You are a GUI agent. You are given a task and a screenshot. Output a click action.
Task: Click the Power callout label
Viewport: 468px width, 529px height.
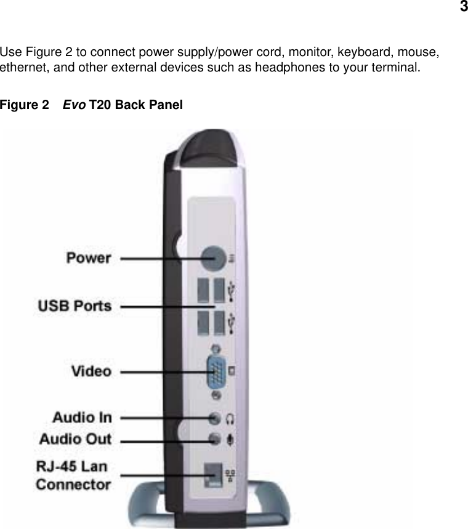(89, 258)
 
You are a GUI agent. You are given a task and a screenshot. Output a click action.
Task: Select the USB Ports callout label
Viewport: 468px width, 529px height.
(75, 305)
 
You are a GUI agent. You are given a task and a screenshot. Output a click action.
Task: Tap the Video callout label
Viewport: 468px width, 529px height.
(92, 371)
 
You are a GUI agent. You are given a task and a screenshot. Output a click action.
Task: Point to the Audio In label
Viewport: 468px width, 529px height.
(82, 417)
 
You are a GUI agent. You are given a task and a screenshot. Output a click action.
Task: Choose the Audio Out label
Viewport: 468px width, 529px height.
(76, 439)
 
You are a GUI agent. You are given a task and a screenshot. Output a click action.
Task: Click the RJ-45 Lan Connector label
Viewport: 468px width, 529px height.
(73, 474)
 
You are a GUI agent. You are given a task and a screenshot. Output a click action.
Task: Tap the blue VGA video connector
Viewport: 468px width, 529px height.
(216, 371)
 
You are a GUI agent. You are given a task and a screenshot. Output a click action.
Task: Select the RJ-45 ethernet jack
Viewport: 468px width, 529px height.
(213, 475)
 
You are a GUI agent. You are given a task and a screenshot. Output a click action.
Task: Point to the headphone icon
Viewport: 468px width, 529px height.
(231, 419)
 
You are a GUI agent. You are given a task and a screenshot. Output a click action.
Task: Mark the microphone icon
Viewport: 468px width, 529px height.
(231, 440)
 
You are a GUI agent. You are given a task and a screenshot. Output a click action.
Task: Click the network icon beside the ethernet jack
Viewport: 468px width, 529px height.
(230, 475)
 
